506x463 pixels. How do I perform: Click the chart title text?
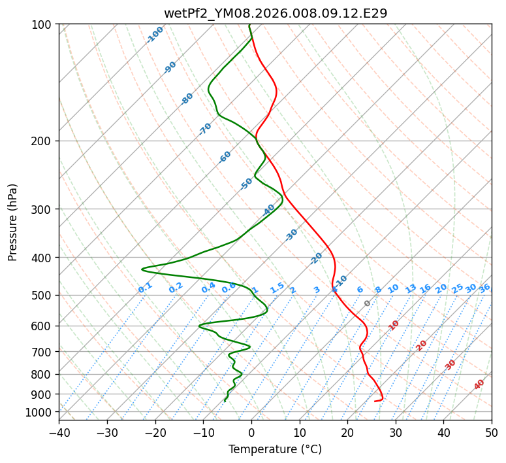275,13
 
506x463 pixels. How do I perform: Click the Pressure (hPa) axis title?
13,222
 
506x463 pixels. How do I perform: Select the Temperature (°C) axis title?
275,450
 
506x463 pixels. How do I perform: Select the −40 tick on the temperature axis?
59,432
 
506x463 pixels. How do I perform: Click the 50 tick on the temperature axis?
492,432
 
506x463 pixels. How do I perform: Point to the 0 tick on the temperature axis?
251,432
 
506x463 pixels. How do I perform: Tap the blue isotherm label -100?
155,35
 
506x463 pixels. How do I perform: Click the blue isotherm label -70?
205,129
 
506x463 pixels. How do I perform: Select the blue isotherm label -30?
291,235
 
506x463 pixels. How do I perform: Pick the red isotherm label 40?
479,385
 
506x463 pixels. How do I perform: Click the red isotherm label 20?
421,345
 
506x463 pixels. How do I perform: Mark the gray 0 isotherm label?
368,303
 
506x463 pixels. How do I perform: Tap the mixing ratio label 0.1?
145,287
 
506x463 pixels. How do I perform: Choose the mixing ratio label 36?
484,288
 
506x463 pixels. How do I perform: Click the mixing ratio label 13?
411,288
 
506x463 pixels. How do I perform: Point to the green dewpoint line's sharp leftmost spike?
142,269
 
